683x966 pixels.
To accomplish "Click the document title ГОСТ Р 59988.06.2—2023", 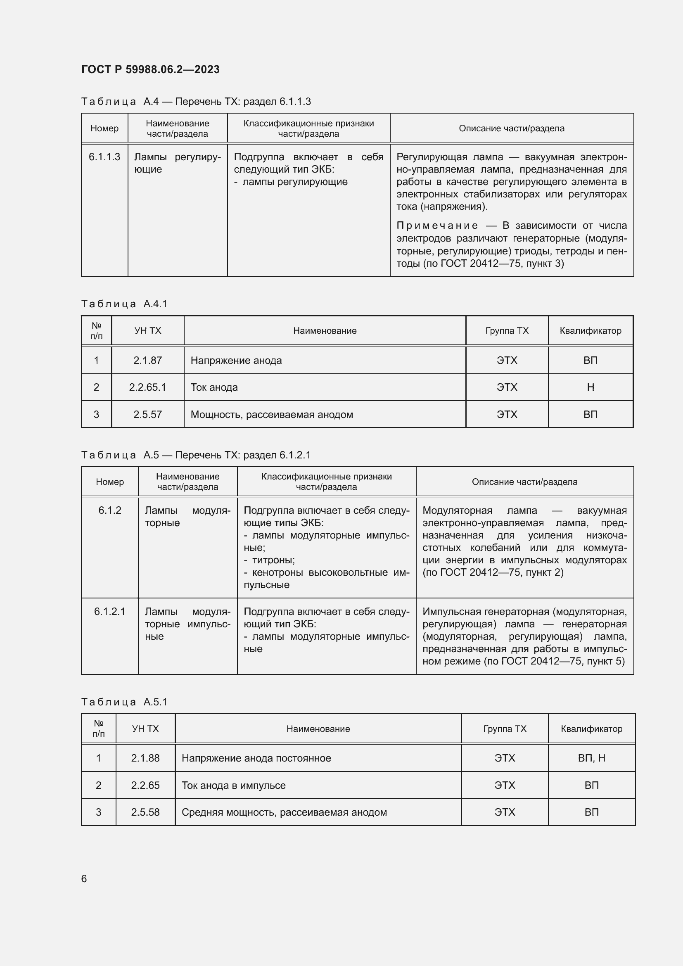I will pos(150,69).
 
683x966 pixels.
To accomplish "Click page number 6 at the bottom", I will pos(84,878).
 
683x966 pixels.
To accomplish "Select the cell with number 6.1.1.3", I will pos(104,157).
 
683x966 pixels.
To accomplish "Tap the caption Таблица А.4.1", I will pos(124,304).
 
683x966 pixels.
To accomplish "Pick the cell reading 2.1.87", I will pos(147,360).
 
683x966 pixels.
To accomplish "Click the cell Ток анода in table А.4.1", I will pos(214,387).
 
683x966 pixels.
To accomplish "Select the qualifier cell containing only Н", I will pos(590,387).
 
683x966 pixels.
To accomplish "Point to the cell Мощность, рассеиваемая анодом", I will pos(272,414).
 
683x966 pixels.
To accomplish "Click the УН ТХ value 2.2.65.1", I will pos(147,387).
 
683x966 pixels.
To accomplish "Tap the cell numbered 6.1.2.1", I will pos(110,611).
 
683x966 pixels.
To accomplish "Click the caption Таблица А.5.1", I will pos(124,702).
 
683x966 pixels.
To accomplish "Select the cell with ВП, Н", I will pos(591,758).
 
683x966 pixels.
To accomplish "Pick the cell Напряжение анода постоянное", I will pos(256,758).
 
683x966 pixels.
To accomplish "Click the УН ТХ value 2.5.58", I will pos(145,812).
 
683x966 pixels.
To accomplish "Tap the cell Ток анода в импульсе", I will pos(233,785).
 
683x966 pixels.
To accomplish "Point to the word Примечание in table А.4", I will pos(437,225).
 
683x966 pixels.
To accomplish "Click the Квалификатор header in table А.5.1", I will pos(591,729).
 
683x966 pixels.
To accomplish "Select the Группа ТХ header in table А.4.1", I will pos(506,331).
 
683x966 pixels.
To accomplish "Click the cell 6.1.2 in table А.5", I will pos(110,510).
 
